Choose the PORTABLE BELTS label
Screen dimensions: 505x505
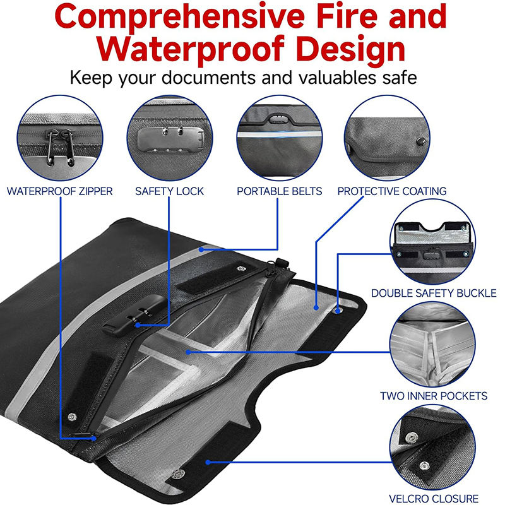click(280, 191)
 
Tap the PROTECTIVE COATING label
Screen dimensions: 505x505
click(392, 191)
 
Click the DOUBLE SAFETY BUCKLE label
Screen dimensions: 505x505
click(433, 293)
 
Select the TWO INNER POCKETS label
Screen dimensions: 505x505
click(433, 396)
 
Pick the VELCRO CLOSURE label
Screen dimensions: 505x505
click(433, 498)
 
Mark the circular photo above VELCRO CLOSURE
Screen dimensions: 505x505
click(432, 448)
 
